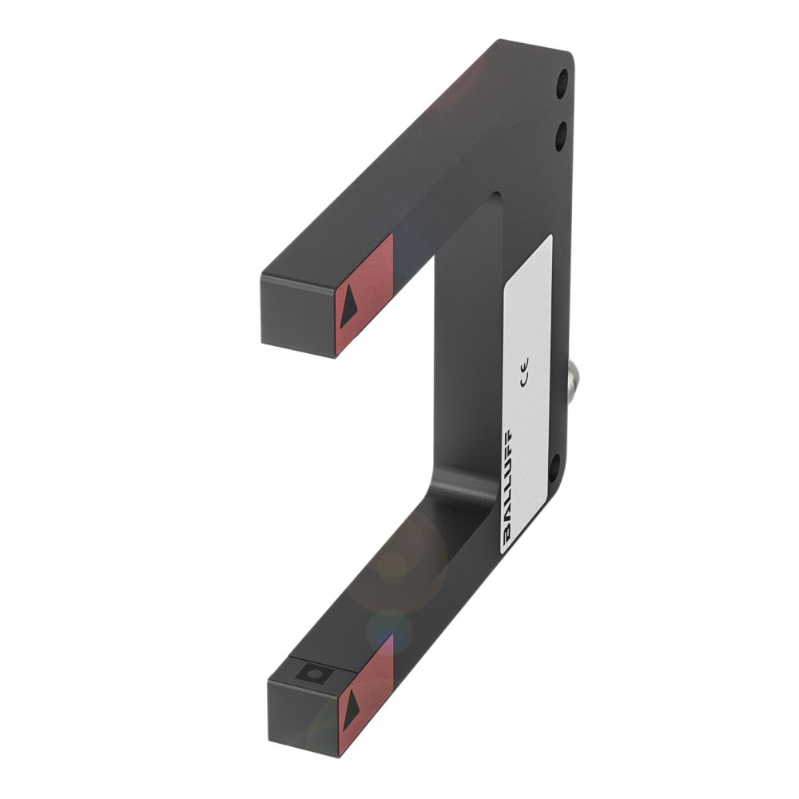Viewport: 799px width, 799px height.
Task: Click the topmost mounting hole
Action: pos(562,79)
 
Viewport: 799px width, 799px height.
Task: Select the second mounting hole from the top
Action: pos(561,137)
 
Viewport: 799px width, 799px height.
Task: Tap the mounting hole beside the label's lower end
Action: pos(554,467)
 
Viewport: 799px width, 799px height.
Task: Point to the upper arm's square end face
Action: pos(298,316)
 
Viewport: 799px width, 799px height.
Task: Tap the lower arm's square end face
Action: pos(302,719)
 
